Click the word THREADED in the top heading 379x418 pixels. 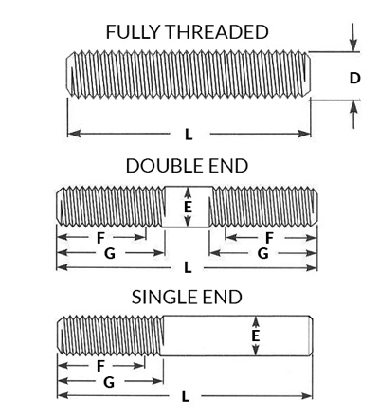(x=217, y=32)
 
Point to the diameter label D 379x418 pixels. (x=354, y=78)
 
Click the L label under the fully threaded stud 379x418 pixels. (x=189, y=135)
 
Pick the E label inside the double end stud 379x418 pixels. (x=188, y=207)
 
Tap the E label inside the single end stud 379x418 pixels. (x=256, y=336)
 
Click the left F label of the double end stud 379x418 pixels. (x=100, y=238)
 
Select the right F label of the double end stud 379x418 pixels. (x=269, y=238)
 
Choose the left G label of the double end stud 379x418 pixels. (x=110, y=253)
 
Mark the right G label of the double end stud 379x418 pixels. (x=263, y=253)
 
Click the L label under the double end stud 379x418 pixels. (x=188, y=268)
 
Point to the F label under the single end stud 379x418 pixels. (x=100, y=366)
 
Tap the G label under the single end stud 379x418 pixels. (x=109, y=382)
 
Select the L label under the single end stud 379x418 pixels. (x=186, y=396)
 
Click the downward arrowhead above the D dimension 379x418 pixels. (x=354, y=45)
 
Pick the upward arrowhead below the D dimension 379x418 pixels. (x=354, y=107)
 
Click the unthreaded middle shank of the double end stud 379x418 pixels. (x=187, y=207)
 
